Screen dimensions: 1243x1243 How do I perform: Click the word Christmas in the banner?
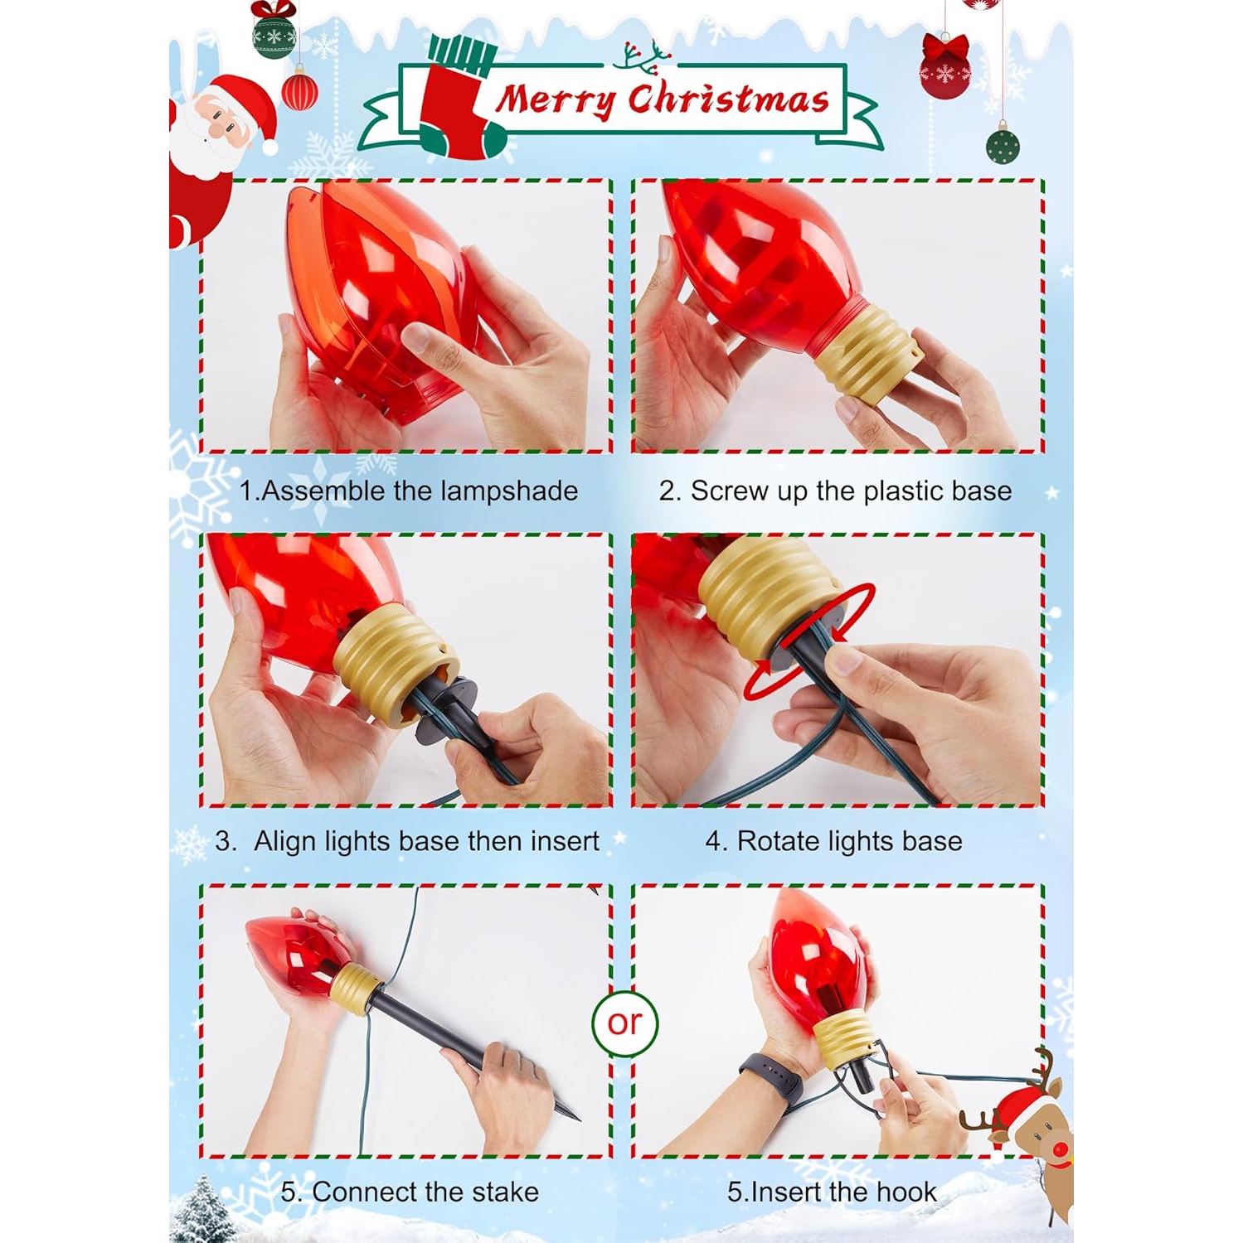point(728,98)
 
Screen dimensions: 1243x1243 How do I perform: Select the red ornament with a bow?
point(944,68)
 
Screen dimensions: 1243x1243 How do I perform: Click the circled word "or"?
point(624,1023)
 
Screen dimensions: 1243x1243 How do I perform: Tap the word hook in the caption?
point(906,1192)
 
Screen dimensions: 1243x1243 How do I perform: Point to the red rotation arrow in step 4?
point(808,642)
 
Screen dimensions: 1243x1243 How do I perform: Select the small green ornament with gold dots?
point(1003,147)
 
